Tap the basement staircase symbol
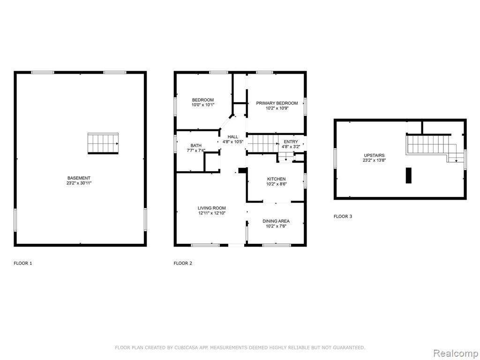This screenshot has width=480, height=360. click(x=103, y=143)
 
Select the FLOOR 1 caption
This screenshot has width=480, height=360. click(x=23, y=263)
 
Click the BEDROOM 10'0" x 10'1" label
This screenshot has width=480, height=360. click(x=202, y=102)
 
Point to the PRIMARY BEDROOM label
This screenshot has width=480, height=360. click(x=277, y=103)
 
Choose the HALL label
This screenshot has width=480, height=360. click(x=232, y=137)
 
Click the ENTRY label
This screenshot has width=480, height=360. click(x=291, y=142)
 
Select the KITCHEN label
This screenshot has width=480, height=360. click(x=277, y=179)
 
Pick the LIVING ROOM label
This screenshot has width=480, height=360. click(x=212, y=208)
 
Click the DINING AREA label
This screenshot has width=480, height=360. click(x=276, y=221)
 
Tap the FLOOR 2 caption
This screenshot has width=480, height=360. click(x=183, y=263)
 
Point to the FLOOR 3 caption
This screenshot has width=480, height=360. click(x=343, y=217)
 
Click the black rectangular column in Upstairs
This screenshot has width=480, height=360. click(x=409, y=175)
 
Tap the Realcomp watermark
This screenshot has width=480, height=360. click(x=456, y=353)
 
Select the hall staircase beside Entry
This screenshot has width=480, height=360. click(x=262, y=143)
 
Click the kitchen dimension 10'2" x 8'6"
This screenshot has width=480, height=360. click(x=277, y=184)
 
